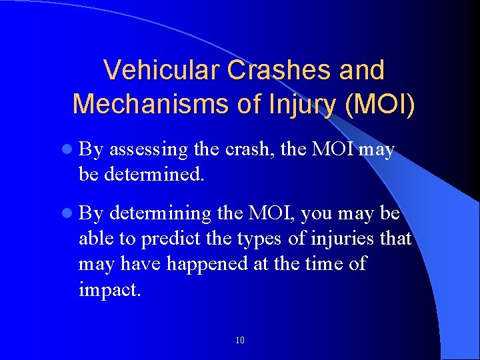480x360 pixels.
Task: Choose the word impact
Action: click(x=109, y=290)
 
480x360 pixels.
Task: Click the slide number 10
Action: click(x=240, y=341)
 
